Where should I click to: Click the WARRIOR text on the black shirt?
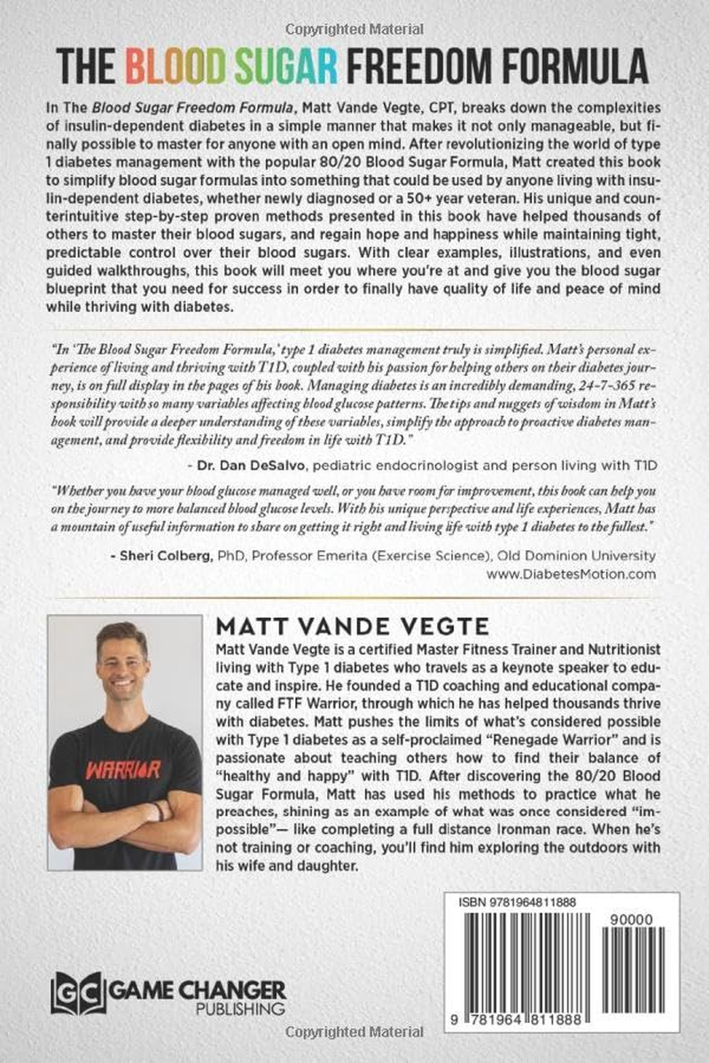click(123, 769)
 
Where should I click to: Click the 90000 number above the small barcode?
click(641, 921)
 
